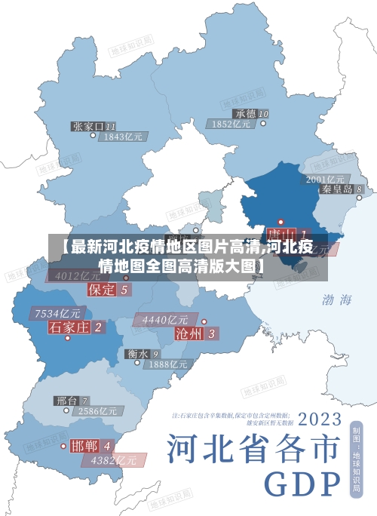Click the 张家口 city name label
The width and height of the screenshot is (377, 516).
pyautogui.click(x=89, y=126)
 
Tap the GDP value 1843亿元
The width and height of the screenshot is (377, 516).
pyautogui.click(x=124, y=137)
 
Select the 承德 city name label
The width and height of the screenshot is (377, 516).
pyautogui.click(x=246, y=114)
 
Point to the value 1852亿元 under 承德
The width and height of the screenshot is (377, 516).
pyautogui.click(x=231, y=124)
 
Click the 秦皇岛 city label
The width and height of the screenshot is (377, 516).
pyautogui.click(x=337, y=189)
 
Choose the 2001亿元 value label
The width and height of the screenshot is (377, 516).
pyautogui.click(x=325, y=179)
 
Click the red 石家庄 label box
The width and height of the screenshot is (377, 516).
pyautogui.click(x=69, y=327)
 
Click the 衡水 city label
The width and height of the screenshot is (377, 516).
pyautogui.click(x=137, y=353)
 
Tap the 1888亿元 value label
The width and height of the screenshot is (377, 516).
pyautogui.click(x=167, y=364)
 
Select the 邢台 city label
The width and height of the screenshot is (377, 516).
pyautogui.click(x=66, y=401)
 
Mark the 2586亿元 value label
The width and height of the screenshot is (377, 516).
pyautogui.click(x=98, y=411)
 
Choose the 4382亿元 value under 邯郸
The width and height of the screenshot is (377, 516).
pyautogui.click(x=114, y=459)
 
